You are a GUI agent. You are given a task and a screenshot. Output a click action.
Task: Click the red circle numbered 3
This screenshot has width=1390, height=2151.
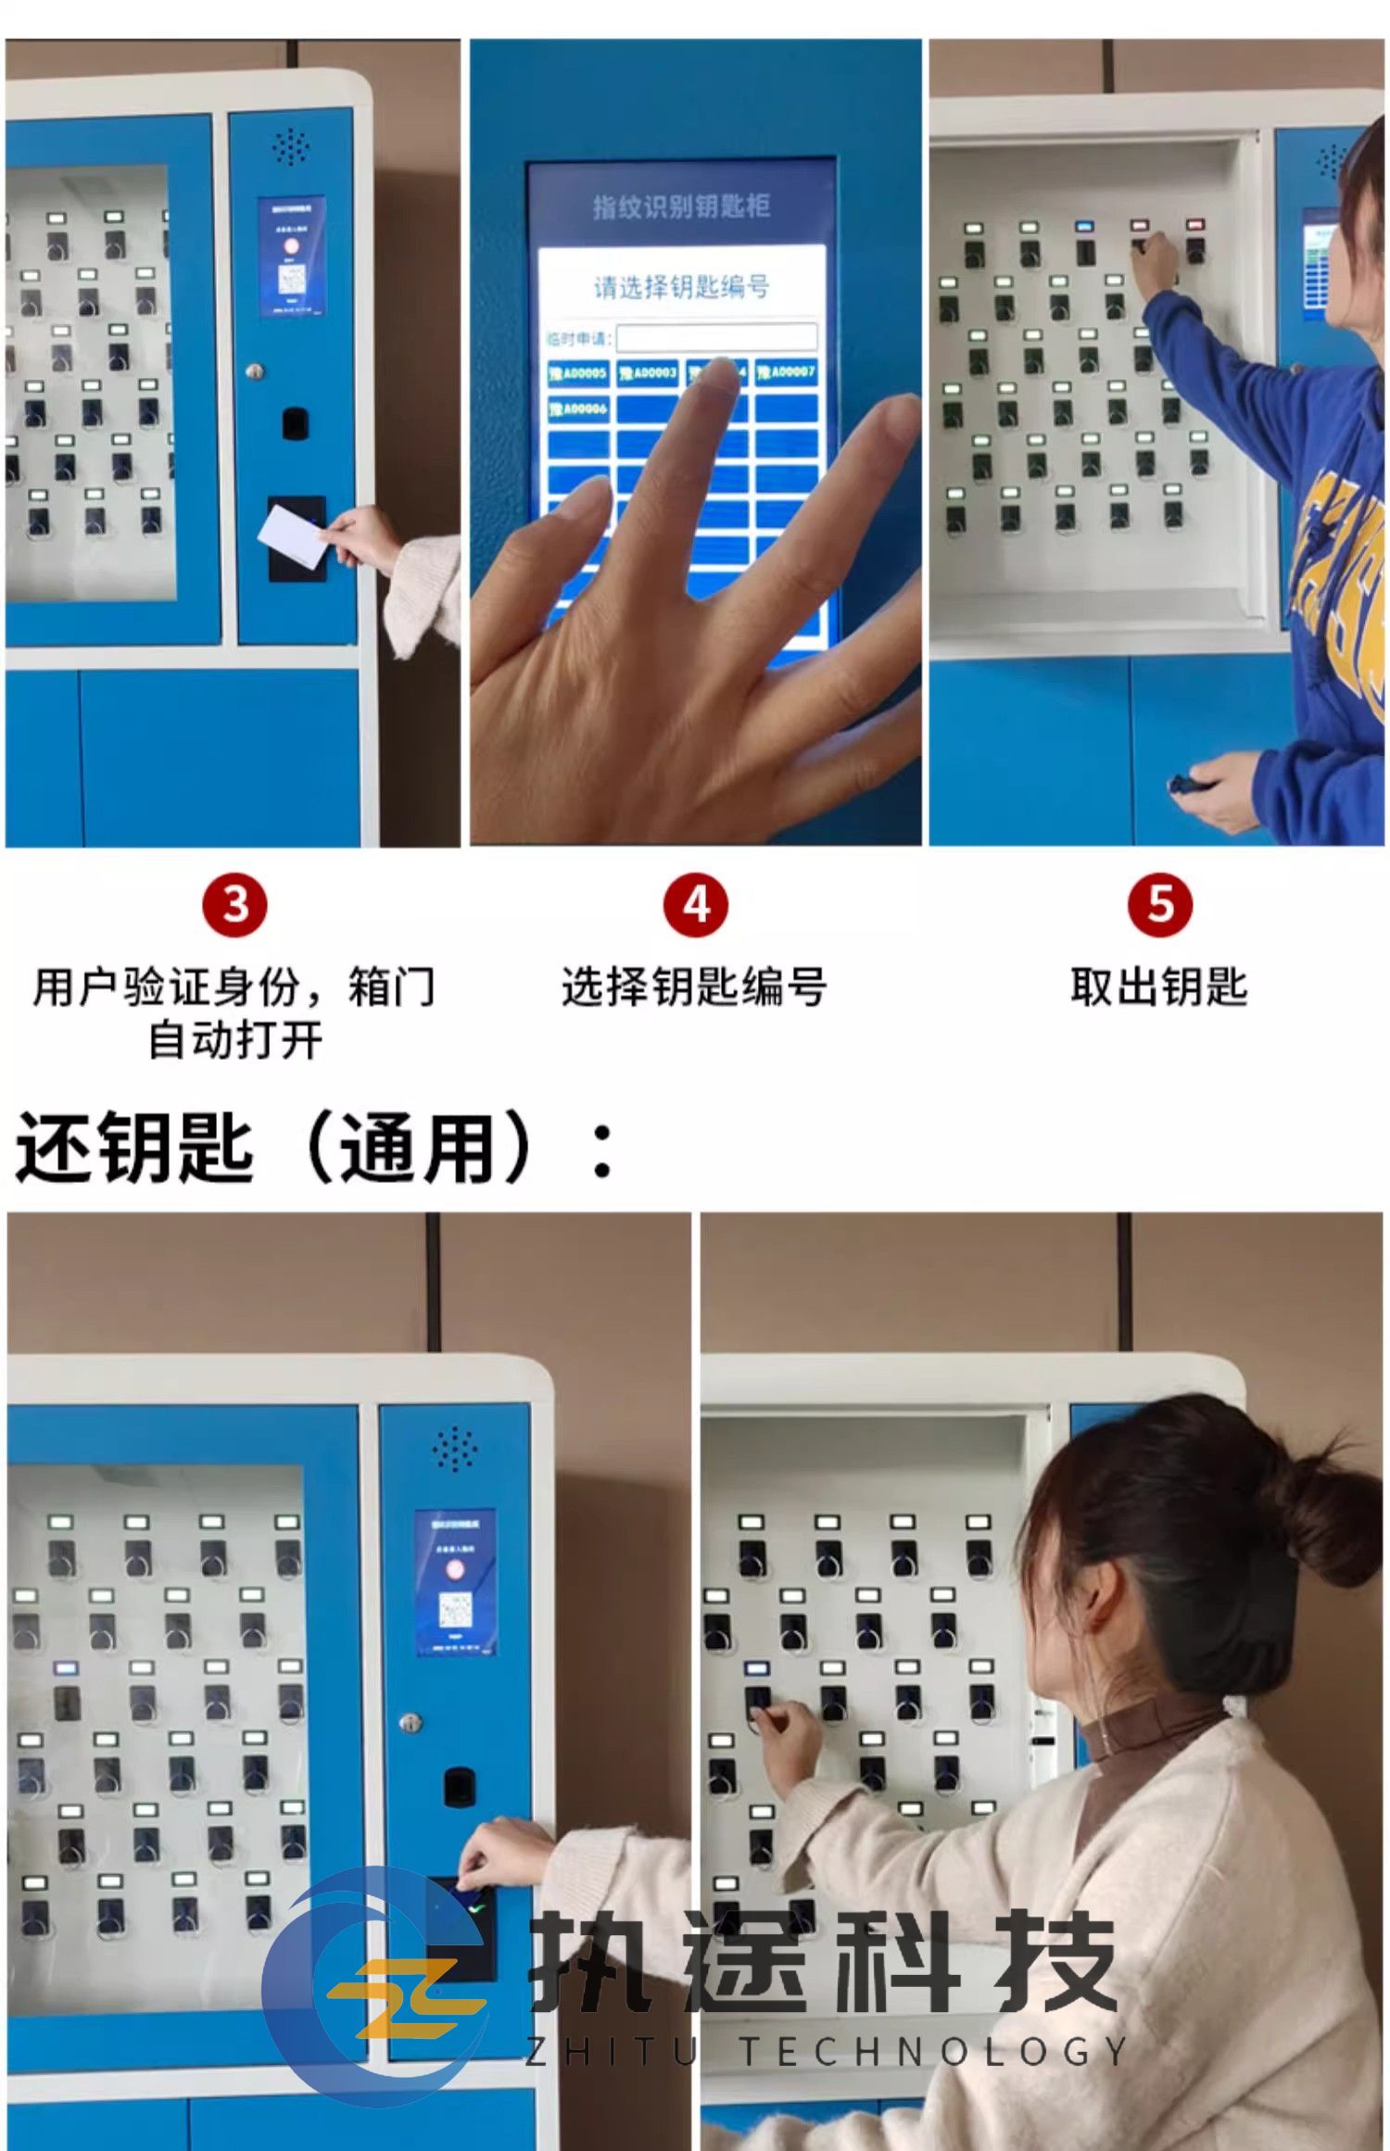tap(234, 904)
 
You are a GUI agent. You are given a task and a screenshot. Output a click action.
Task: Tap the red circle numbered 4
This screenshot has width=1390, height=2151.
tap(696, 904)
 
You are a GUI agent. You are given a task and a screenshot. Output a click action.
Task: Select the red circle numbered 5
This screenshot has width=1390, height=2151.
tap(1159, 904)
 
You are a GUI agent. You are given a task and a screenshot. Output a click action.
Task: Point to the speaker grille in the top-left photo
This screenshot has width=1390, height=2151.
tap(290, 146)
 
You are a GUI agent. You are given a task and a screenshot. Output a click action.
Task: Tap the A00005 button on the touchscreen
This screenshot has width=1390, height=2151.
tap(578, 373)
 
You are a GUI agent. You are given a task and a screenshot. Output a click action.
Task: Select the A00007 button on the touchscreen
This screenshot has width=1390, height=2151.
tap(786, 372)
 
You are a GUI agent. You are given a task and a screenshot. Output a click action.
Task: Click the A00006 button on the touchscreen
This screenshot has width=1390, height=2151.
tap(578, 409)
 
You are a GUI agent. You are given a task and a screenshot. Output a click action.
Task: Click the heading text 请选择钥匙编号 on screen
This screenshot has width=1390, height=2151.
tap(681, 286)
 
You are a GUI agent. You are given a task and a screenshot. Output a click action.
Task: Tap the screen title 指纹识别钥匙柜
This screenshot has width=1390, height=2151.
tap(681, 206)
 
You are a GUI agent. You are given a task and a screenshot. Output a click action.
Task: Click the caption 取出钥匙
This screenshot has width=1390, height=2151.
tap(1158, 987)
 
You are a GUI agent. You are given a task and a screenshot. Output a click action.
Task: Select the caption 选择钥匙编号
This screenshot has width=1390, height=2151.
tap(694, 987)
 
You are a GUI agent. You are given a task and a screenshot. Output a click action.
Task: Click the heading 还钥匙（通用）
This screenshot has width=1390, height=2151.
tap(315, 1148)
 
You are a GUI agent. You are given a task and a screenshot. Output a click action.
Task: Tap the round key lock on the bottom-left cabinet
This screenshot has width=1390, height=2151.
tap(409, 1723)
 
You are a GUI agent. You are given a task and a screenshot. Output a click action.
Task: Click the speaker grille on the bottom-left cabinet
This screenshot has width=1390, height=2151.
tap(454, 1449)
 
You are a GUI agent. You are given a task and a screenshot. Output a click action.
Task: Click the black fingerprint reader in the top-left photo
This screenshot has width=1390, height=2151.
tap(296, 422)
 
